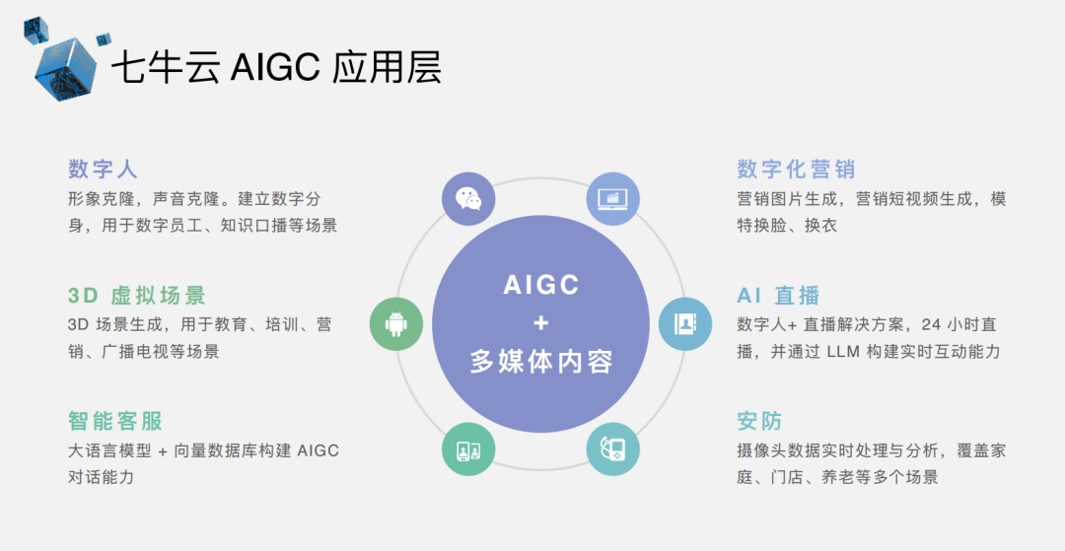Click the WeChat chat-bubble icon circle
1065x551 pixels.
click(x=468, y=199)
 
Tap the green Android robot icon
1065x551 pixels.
click(x=396, y=323)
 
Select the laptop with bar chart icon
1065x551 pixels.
click(x=612, y=199)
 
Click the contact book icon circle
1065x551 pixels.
click(x=685, y=323)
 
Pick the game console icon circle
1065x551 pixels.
click(x=612, y=448)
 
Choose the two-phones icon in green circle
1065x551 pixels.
click(x=468, y=448)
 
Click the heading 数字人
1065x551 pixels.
click(x=104, y=169)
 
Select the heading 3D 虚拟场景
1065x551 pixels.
click(x=137, y=296)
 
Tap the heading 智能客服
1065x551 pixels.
click(x=115, y=421)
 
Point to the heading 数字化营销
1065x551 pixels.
click(x=796, y=169)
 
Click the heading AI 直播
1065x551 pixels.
click(x=778, y=296)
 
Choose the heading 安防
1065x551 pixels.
click(x=760, y=421)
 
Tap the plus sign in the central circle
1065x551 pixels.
click(x=540, y=323)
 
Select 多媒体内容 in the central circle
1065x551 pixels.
click(x=541, y=362)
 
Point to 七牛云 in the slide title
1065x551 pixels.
click(x=165, y=68)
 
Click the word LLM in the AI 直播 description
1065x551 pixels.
click(x=845, y=352)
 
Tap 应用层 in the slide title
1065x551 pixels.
click(x=387, y=68)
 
